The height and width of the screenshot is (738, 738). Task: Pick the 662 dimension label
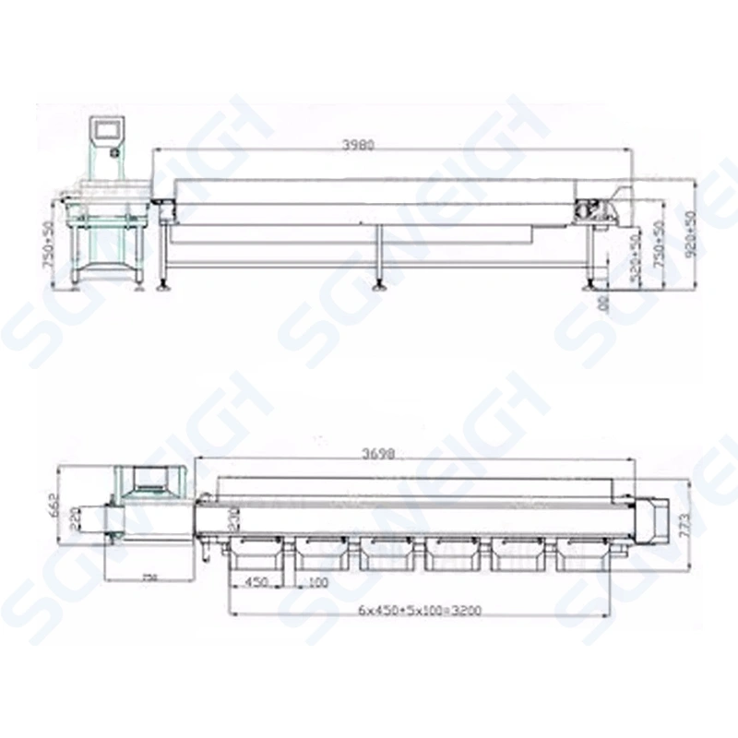click(54, 505)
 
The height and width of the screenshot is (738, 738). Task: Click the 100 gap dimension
click(319, 582)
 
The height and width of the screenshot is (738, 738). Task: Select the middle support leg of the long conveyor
click(378, 258)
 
